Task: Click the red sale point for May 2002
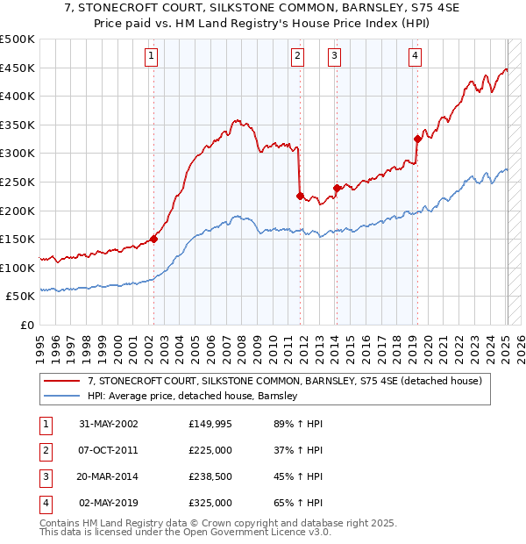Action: point(154,239)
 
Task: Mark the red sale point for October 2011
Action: point(300,196)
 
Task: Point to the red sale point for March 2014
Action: point(337,188)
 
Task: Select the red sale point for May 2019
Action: point(417,139)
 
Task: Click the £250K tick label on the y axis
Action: point(18,182)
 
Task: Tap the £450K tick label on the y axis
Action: point(18,68)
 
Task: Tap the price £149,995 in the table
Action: point(210,424)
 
